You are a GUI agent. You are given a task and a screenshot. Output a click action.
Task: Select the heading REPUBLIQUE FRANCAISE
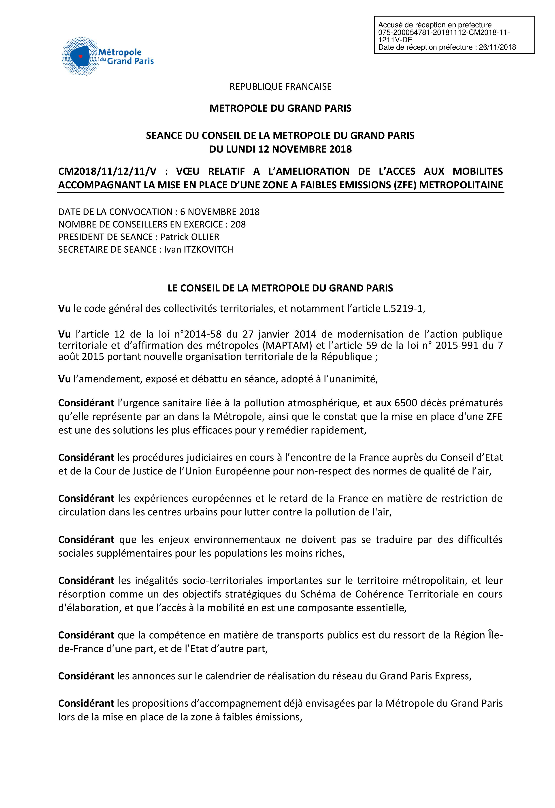pos(280,87)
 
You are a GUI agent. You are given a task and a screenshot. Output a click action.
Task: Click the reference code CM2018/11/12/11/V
pos(107,171)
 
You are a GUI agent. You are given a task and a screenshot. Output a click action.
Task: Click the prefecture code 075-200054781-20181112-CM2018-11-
pos(444,33)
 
